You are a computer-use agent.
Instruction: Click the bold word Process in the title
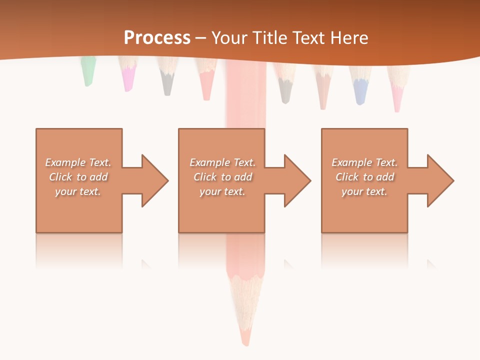coord(157,38)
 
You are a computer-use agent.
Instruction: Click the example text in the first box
coord(78,177)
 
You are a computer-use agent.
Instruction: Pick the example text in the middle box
coord(222,177)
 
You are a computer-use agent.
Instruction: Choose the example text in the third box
coord(364,177)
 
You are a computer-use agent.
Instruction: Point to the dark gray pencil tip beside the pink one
coord(167,84)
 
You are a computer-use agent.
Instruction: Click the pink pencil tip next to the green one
coord(129,80)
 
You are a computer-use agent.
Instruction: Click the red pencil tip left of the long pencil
coord(206,87)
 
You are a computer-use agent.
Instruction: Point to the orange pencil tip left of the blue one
coord(323,95)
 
